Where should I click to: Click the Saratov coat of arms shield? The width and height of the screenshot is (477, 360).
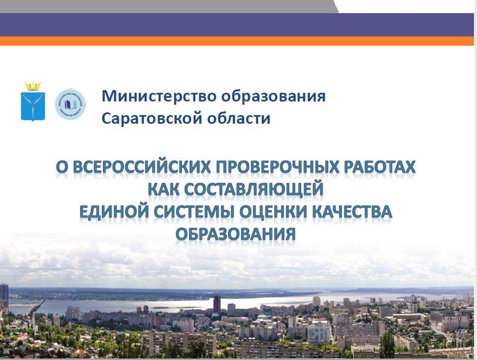tap(33, 106)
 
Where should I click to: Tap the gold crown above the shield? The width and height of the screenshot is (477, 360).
tap(33, 86)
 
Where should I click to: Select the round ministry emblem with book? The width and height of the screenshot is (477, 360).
tap(70, 104)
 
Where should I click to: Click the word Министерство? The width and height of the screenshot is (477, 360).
tap(159, 96)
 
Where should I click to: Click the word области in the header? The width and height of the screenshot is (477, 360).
tap(239, 118)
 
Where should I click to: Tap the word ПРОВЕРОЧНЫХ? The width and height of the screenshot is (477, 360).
tap(277, 167)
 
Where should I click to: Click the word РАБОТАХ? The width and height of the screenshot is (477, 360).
tap(379, 167)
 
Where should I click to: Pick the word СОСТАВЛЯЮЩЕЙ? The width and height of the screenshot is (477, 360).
tap(253, 189)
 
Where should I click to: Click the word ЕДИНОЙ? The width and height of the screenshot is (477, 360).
tap(114, 212)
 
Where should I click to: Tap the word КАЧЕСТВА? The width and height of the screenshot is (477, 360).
tap(352, 212)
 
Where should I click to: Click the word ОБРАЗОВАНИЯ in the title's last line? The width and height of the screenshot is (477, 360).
tap(236, 235)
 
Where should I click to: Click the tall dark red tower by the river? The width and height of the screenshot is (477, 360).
tap(217, 304)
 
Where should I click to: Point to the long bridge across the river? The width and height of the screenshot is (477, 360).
tap(35, 307)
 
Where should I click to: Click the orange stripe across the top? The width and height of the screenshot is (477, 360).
tap(237, 41)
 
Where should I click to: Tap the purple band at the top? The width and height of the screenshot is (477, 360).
tap(237, 25)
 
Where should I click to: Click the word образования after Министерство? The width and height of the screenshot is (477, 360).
tap(274, 96)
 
